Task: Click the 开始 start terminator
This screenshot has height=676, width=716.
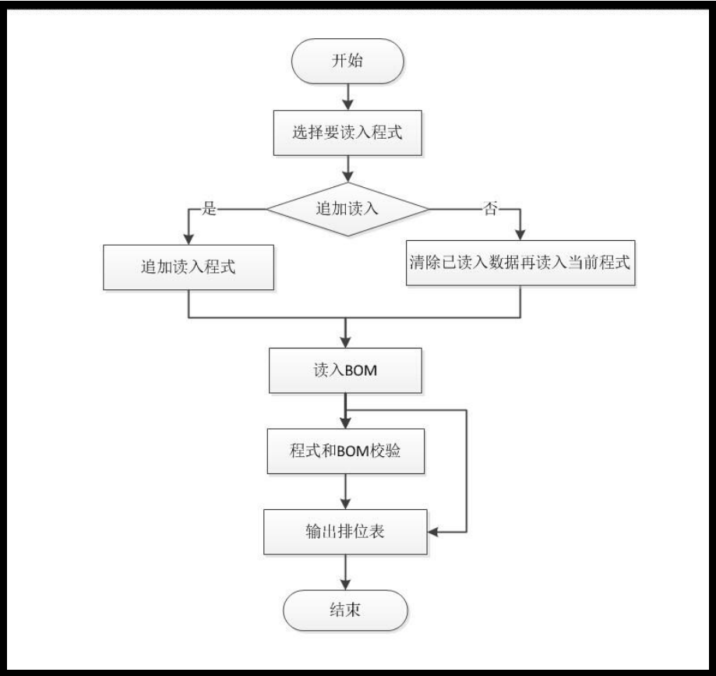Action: (347, 61)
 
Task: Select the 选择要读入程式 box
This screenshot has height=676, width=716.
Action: (347, 133)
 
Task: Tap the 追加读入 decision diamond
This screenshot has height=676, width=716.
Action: (347, 209)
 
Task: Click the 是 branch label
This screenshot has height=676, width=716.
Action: (208, 209)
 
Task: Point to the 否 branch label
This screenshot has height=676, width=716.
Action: (491, 209)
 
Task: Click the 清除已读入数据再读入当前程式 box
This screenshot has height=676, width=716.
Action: (522, 262)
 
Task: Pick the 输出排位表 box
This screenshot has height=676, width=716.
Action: (347, 532)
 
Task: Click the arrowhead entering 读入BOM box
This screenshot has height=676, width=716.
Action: (347, 342)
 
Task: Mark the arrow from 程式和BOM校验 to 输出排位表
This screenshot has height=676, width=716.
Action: (347, 491)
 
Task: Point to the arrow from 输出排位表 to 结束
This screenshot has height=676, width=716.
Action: (347, 573)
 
